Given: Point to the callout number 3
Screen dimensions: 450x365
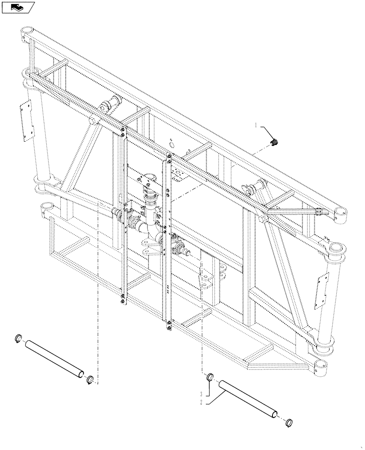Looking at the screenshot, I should coord(202,394).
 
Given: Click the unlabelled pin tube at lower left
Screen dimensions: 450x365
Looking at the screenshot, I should coord(55,358).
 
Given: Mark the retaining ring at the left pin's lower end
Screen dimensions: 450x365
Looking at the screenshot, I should coord(90,380).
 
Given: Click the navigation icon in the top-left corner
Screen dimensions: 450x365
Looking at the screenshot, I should coord(18,7).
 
